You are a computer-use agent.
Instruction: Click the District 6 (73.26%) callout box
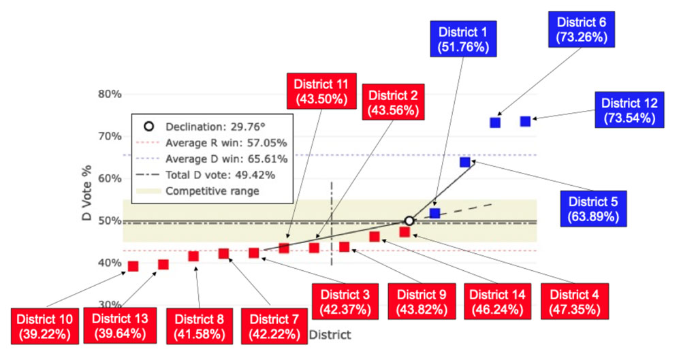[580, 29]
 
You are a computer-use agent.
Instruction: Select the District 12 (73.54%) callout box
[631, 110]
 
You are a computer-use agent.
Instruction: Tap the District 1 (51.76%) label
[463, 38]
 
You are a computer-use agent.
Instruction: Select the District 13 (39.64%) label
[120, 327]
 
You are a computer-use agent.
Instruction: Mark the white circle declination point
[409, 220]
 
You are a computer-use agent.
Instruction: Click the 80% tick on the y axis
[109, 94]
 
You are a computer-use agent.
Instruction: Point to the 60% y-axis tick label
[109, 178]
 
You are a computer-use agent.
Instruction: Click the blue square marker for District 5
[464, 162]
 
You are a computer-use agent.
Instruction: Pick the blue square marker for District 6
[495, 122]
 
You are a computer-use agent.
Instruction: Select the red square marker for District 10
[133, 266]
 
